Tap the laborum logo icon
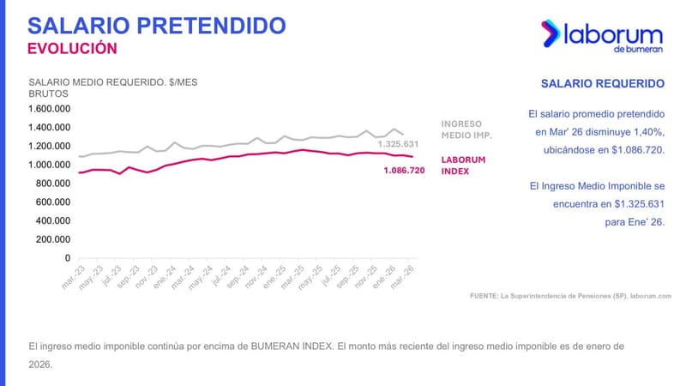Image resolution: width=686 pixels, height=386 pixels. point(551,33)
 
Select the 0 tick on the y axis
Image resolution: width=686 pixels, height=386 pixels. point(67,258)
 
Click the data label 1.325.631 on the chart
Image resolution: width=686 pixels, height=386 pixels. point(399,144)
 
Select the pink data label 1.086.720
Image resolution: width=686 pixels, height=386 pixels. point(404,171)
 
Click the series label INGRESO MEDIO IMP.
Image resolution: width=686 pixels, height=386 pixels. point(466,130)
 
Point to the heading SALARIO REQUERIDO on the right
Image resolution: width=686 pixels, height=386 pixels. point(603,84)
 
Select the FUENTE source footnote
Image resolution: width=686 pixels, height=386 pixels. point(570,296)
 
